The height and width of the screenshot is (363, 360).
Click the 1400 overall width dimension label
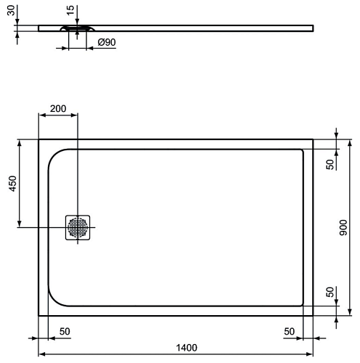[187, 348]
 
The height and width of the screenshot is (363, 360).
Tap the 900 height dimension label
[343, 227]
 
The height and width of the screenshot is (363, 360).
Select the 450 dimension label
[13, 184]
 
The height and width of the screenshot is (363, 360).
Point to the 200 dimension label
[58, 109]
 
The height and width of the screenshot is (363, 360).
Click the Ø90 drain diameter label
[107, 42]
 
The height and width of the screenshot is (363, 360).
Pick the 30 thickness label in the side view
[11, 10]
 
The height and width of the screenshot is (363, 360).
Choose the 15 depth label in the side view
[70, 10]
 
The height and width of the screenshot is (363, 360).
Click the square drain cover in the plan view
[78, 227]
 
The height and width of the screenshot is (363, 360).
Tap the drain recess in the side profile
[78, 28]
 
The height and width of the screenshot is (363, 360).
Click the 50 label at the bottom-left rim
[65, 331]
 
